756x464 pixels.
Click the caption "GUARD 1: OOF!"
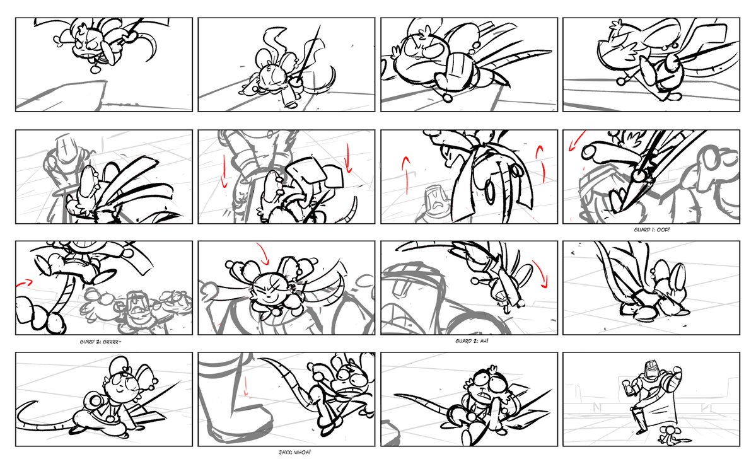651,230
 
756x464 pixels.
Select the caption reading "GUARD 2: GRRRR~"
101,342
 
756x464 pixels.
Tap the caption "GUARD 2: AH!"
472,341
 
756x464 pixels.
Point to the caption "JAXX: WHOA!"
294,453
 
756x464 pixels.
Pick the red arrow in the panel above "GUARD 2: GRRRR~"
24,283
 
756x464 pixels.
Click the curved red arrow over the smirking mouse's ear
263,252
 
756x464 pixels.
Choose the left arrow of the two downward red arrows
223,171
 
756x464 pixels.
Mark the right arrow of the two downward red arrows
348,158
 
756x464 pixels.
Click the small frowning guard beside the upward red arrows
434,205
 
